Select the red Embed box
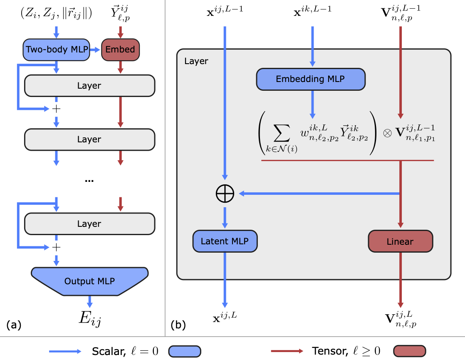120,50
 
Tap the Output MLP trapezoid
89,281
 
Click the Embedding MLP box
311,79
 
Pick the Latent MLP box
225,241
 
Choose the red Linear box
401,241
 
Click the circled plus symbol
225,194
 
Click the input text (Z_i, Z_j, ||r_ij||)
56,13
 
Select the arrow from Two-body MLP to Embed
95,50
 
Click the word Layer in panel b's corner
196,61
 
